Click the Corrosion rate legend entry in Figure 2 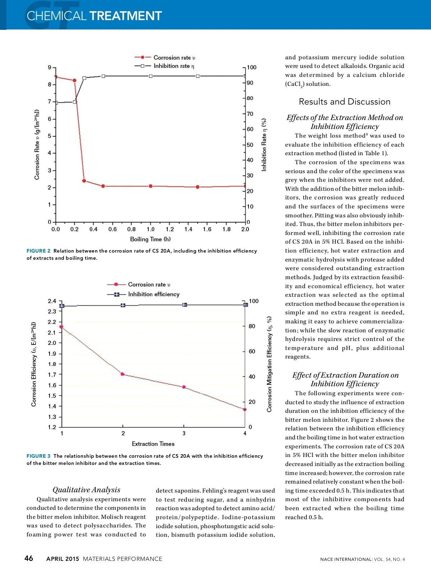pyautogui.click(x=174, y=57)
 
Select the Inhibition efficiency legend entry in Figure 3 pyautogui.click(x=153, y=294)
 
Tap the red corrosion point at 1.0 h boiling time pyautogui.click(x=150, y=186)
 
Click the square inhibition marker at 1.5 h pyautogui.click(x=198, y=76)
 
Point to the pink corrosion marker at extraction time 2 pyautogui.click(x=122, y=374)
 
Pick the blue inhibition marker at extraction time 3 pyautogui.click(x=185, y=305)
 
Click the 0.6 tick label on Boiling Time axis pyautogui.click(x=112, y=229)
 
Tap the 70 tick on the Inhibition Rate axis pyautogui.click(x=250, y=114)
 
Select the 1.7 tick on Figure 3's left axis pyautogui.click(x=52, y=375)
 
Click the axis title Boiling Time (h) pyautogui.click(x=150, y=239)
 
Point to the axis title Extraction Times pyautogui.click(x=153, y=444)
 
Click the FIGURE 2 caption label pyautogui.click(x=38, y=251)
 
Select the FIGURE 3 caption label pyautogui.click(x=38, y=456)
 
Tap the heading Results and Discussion pyautogui.click(x=344, y=102)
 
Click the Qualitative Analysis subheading pyautogui.click(x=86, y=490)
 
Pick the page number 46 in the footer pyautogui.click(x=29, y=558)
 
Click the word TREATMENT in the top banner pyautogui.click(x=126, y=16)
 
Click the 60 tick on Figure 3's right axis pyautogui.click(x=252, y=351)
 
